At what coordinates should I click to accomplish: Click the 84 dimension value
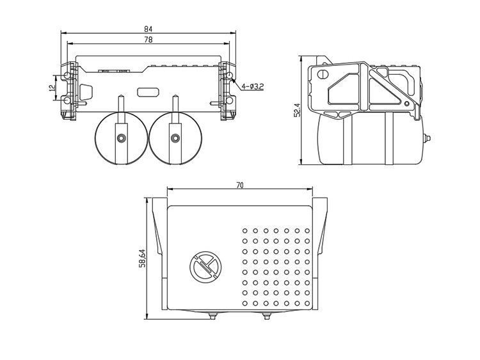coord(148,29)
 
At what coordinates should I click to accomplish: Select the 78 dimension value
coord(148,40)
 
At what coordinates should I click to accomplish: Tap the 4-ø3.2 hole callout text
coord(253,85)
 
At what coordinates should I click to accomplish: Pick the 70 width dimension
coord(239,185)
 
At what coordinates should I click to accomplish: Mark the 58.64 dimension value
coord(142,259)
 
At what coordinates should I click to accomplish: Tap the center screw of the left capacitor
coord(120,137)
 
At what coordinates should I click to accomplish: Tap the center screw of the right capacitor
coord(175,137)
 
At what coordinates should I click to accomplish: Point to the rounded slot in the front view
coord(148,91)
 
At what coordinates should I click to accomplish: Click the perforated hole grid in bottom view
coord(276,266)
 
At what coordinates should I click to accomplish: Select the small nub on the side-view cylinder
coord(427,137)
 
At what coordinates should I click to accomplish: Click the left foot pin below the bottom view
coord(212,315)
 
